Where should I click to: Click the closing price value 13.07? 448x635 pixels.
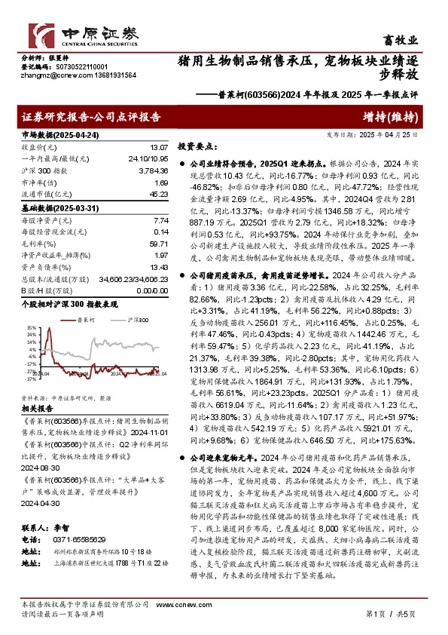click(160, 147)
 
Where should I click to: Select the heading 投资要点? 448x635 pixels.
click(195, 145)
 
